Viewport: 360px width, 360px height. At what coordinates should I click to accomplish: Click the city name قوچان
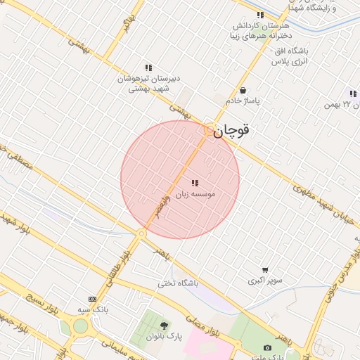pyautogui.click(x=234, y=131)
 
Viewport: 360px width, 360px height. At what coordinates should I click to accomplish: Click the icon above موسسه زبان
pyautogui.click(x=194, y=183)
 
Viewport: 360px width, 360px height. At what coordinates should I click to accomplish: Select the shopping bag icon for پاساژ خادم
pyautogui.click(x=243, y=91)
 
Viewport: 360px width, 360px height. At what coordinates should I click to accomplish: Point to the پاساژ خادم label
pyautogui.click(x=243, y=101)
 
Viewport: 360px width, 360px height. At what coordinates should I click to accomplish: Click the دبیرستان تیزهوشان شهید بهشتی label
pyautogui.click(x=147, y=84)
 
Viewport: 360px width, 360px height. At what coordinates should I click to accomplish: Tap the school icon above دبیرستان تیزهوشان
pyautogui.click(x=148, y=67)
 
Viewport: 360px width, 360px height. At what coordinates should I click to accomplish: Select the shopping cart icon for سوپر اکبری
pyautogui.click(x=264, y=270)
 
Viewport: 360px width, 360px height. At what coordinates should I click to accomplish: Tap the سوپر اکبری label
pyautogui.click(x=264, y=281)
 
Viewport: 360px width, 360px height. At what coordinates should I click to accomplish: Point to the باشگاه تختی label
pyautogui.click(x=179, y=283)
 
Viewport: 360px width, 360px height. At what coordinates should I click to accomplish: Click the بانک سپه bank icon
pyautogui.click(x=91, y=299)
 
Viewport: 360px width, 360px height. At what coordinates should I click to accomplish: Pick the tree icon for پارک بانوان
pyautogui.click(x=164, y=326)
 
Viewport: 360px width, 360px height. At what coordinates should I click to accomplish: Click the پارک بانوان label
pyautogui.click(x=164, y=336)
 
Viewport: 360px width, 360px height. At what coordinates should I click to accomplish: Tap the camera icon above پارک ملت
pyautogui.click(x=267, y=348)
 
